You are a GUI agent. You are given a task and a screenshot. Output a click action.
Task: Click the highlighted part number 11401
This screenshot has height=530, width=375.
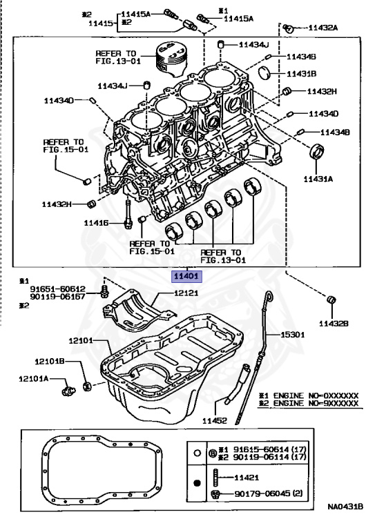186,277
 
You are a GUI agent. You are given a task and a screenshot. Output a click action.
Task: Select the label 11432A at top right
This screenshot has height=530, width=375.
323,28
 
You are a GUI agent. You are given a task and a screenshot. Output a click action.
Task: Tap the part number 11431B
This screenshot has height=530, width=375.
302,74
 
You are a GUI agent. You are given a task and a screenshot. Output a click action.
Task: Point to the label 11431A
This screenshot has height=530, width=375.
318,179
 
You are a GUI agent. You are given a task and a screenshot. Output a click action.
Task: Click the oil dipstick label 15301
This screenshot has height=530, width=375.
293,335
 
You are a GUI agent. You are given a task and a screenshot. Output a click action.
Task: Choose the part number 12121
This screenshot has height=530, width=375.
186,293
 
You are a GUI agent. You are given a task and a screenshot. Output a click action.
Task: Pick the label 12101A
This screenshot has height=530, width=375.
33,379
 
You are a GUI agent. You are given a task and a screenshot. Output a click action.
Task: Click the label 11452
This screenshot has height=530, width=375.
215,421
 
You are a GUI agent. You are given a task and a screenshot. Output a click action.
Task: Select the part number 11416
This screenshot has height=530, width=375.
97,223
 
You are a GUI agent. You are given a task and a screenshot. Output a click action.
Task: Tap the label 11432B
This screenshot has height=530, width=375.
334,324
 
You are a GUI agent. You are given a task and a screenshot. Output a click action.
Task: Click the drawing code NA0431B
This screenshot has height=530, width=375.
345,507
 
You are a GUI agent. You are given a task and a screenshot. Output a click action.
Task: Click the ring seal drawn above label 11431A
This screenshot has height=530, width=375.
317,150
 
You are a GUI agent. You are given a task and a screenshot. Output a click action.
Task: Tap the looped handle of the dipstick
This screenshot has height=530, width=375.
269,297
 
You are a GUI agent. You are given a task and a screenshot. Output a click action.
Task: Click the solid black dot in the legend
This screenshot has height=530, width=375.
198,483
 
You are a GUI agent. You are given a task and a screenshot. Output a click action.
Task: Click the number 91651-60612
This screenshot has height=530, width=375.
58,289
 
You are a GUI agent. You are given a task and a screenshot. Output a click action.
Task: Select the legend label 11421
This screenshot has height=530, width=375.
247,478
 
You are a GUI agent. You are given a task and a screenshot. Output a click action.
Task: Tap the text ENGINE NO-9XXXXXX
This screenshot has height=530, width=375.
316,403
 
